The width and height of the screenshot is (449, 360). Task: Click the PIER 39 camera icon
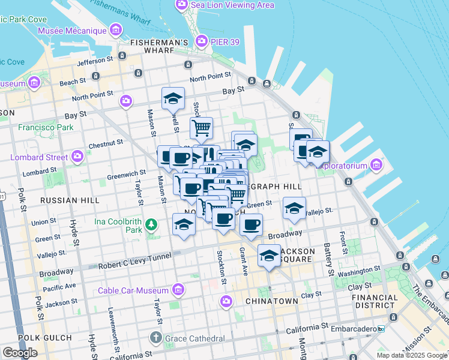(201, 40)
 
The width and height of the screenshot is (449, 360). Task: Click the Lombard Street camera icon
(77, 157)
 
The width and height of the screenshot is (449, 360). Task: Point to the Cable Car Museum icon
(178, 290)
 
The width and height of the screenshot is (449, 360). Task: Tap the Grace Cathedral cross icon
(156, 338)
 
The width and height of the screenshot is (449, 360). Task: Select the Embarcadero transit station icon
(381, 329)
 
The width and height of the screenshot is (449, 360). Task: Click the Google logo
(20, 352)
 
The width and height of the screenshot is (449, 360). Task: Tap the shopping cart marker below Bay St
(201, 127)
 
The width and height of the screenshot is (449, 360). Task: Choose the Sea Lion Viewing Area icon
(181, 5)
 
